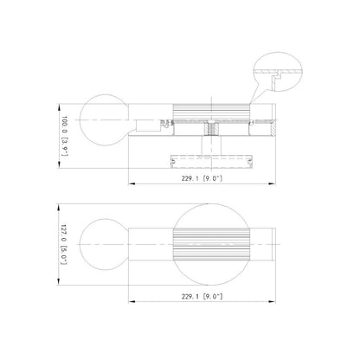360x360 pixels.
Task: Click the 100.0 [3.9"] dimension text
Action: point(65,136)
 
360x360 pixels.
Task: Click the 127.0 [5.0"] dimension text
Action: point(64,244)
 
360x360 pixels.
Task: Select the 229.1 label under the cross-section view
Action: point(202,178)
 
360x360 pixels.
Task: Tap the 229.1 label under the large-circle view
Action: point(202,296)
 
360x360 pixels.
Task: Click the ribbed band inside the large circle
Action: point(211,244)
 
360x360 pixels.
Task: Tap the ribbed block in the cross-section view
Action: point(211,112)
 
